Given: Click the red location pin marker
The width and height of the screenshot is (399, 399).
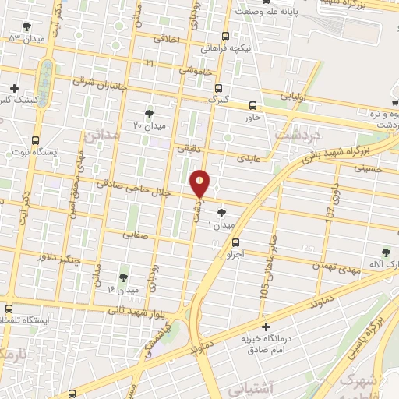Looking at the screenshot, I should tap(201, 184).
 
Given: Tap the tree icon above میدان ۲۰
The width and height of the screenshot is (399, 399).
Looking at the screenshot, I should tap(149, 113).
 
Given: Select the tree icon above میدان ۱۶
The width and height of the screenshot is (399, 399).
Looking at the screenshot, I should tap(123, 277).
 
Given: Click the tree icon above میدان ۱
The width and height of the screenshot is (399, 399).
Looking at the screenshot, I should tap(223, 212).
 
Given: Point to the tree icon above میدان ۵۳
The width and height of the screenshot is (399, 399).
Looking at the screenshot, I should tap(27, 26).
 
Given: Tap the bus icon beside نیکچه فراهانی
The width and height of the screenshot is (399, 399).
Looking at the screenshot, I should tap(226, 36).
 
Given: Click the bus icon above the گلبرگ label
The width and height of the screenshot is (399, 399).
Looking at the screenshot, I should tap(218, 87).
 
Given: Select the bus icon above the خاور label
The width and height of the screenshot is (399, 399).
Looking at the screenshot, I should tap(252, 105).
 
